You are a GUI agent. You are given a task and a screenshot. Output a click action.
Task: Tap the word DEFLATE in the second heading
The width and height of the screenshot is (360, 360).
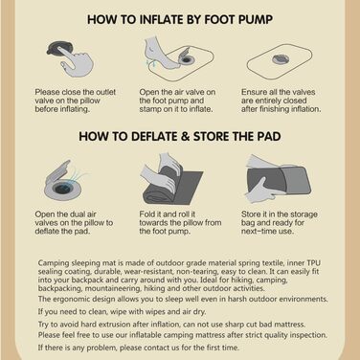click(x=153, y=136)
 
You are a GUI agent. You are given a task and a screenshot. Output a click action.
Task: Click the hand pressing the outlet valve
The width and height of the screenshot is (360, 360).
click(x=76, y=60)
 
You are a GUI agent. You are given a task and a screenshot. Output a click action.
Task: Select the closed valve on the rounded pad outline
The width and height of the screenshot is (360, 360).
click(x=281, y=59)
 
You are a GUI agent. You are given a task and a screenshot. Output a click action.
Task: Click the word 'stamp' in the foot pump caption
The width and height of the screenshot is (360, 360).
click(x=149, y=109)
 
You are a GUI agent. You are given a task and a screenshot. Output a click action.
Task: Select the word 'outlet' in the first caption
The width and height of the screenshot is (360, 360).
click(x=105, y=92)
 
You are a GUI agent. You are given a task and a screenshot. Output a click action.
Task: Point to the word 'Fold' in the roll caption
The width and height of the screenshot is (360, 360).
click(x=146, y=214)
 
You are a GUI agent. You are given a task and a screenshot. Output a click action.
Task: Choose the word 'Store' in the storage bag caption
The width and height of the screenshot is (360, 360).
click(x=251, y=214)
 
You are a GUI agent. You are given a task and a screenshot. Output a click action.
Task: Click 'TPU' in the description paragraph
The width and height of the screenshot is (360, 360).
click(x=314, y=263)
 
